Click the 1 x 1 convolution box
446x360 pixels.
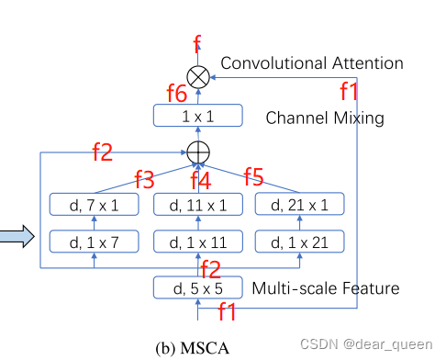tap(197, 116)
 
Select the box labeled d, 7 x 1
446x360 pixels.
tap(93, 205)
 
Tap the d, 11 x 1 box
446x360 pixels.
tap(198, 205)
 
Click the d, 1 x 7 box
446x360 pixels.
tap(93, 242)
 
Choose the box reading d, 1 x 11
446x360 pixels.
tap(198, 242)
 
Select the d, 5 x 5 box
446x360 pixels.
tap(198, 288)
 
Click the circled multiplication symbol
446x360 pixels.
tap(197, 75)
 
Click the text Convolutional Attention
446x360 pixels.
tap(312, 63)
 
